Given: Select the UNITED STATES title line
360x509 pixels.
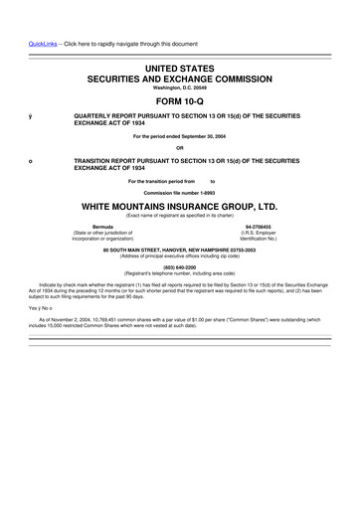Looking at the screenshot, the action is [180, 67].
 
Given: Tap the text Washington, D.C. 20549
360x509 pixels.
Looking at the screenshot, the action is [180, 86].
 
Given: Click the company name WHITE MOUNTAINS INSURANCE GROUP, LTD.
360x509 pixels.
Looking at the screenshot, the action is [180, 205].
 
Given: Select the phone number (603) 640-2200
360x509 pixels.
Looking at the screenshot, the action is [180, 266].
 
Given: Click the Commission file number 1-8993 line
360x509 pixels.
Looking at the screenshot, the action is [180, 192].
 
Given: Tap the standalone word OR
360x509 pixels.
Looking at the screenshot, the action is [180, 148].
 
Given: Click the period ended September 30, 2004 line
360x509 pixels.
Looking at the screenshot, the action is [180, 136].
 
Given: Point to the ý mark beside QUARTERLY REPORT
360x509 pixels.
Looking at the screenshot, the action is [31, 116].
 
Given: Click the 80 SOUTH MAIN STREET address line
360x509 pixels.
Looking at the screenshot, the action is [180, 249].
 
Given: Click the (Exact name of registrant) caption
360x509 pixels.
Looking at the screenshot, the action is [180, 216].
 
